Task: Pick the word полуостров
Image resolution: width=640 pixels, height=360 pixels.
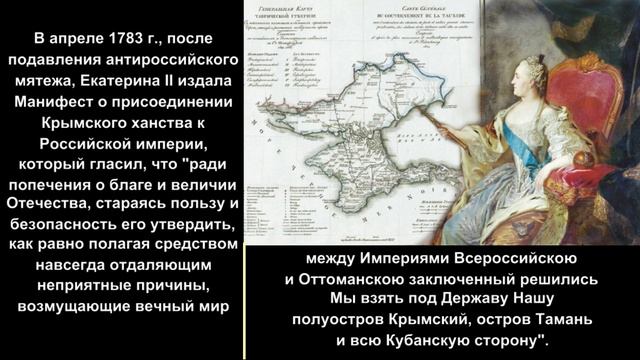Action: (336, 319)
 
